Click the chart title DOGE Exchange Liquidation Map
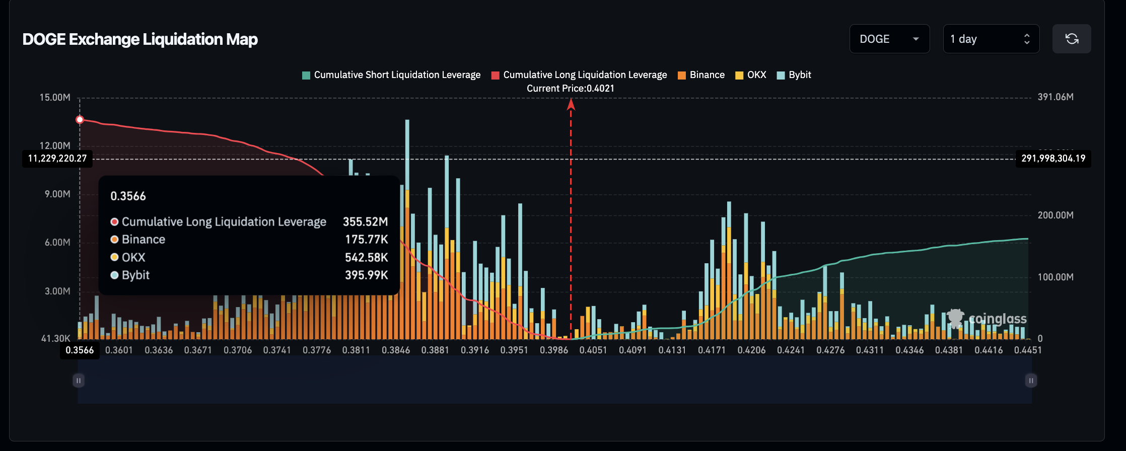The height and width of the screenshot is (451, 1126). click(140, 39)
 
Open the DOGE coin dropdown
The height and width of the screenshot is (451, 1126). click(889, 39)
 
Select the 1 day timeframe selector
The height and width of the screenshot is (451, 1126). click(991, 39)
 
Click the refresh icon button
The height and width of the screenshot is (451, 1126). click(1072, 39)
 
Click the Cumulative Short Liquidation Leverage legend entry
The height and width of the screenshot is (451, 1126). click(391, 75)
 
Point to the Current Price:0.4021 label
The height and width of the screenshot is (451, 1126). click(571, 89)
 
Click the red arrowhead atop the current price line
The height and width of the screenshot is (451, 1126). click(571, 104)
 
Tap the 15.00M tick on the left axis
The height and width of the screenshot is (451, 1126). click(55, 97)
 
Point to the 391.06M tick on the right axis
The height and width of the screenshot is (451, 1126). click(1055, 97)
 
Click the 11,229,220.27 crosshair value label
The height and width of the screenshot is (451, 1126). click(57, 159)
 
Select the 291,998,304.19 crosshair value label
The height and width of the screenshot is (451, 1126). click(1053, 159)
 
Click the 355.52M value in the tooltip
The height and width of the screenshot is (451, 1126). click(365, 222)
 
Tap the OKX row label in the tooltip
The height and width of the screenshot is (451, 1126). click(133, 257)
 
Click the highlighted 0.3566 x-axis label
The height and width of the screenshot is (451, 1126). click(80, 350)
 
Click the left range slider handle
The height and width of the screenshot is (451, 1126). click(78, 381)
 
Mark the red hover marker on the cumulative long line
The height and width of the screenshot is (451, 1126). click(80, 120)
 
